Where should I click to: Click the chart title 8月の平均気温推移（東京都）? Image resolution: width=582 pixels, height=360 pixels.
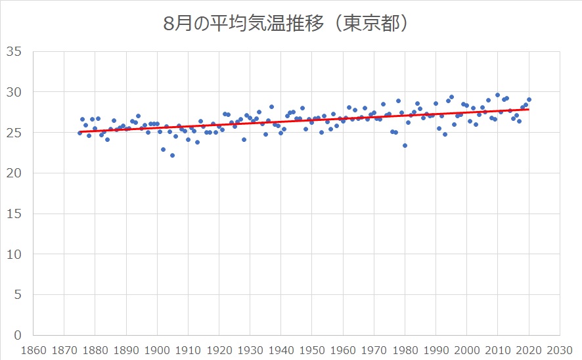click(x=290, y=24)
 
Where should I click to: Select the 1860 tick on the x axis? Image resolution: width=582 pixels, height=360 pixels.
click(x=34, y=349)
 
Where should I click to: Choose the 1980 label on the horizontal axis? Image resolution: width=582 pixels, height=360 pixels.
click(x=405, y=349)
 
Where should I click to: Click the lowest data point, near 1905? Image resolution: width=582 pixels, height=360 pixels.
click(x=172, y=156)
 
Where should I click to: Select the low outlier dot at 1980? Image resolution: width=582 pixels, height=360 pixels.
click(x=405, y=145)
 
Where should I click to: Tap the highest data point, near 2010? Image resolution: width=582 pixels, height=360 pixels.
click(x=497, y=95)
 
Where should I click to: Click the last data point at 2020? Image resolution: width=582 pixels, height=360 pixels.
click(x=529, y=100)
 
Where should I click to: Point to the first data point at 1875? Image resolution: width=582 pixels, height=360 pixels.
click(x=79, y=133)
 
